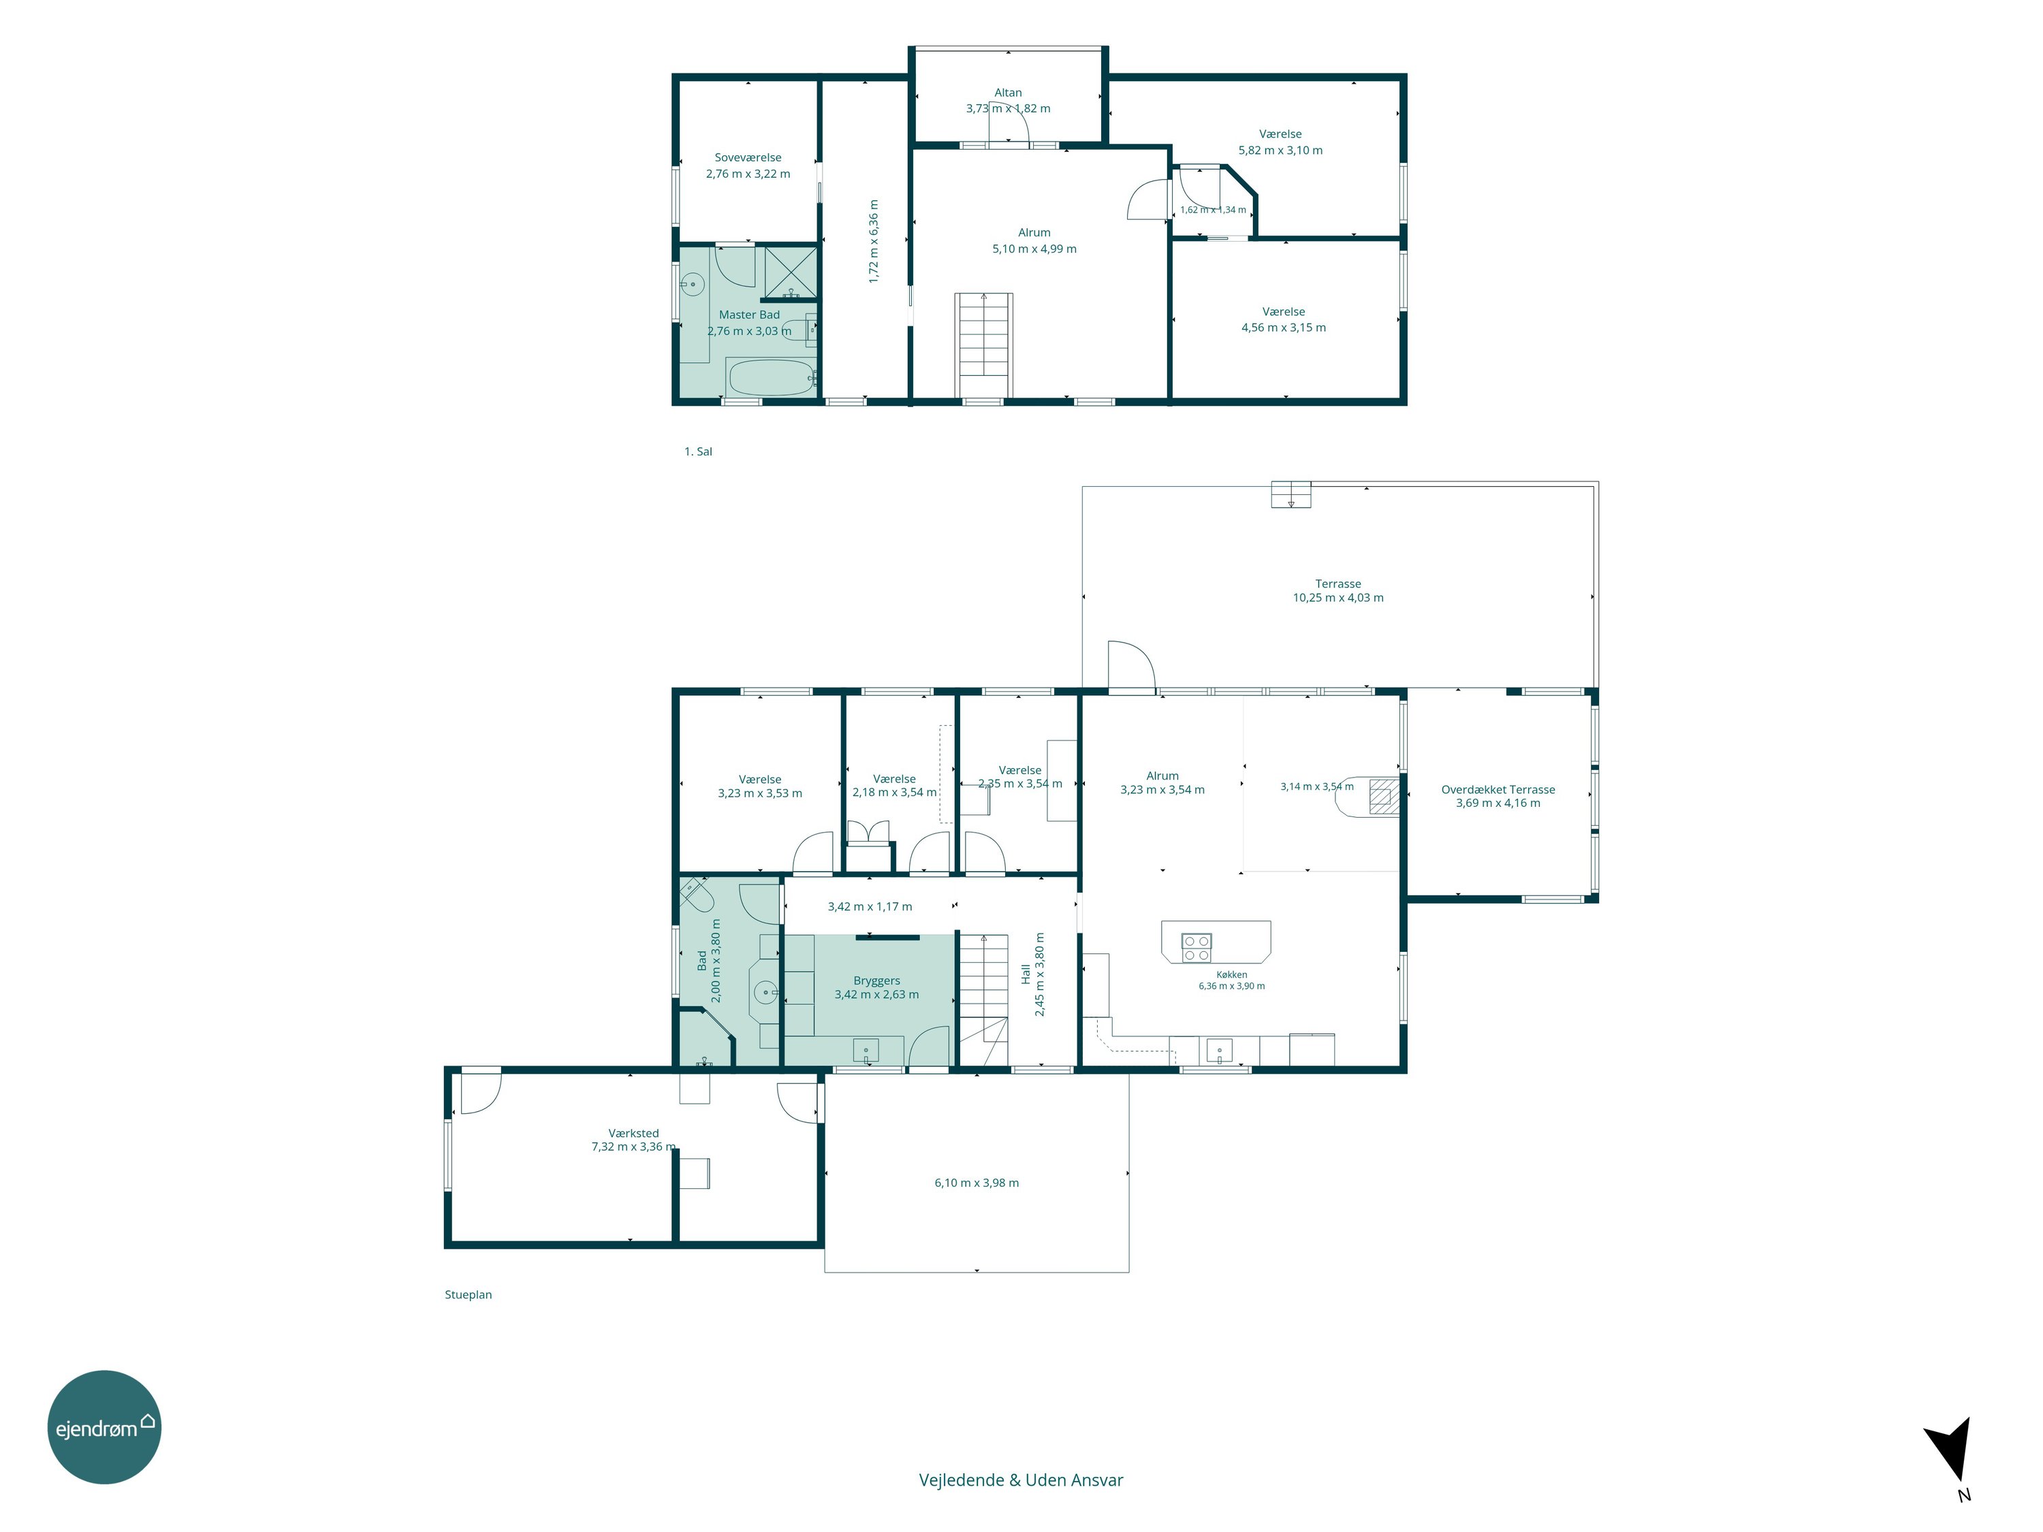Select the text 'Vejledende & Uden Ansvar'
pyautogui.click(x=1021, y=1480)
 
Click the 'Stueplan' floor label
pyautogui.click(x=469, y=1294)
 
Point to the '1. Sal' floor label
pyautogui.click(x=698, y=451)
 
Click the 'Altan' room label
pyautogui.click(x=1009, y=93)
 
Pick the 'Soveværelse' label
pyautogui.click(x=748, y=158)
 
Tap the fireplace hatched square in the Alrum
pyautogui.click(x=1384, y=796)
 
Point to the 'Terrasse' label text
pyautogui.click(x=1338, y=584)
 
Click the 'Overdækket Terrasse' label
pyautogui.click(x=1498, y=790)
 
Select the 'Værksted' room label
pyautogui.click(x=633, y=1133)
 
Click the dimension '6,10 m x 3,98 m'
pyautogui.click(x=977, y=1183)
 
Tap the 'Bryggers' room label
pyautogui.click(x=876, y=980)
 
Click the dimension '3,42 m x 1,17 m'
pyautogui.click(x=870, y=907)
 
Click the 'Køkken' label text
pyautogui.click(x=1232, y=974)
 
